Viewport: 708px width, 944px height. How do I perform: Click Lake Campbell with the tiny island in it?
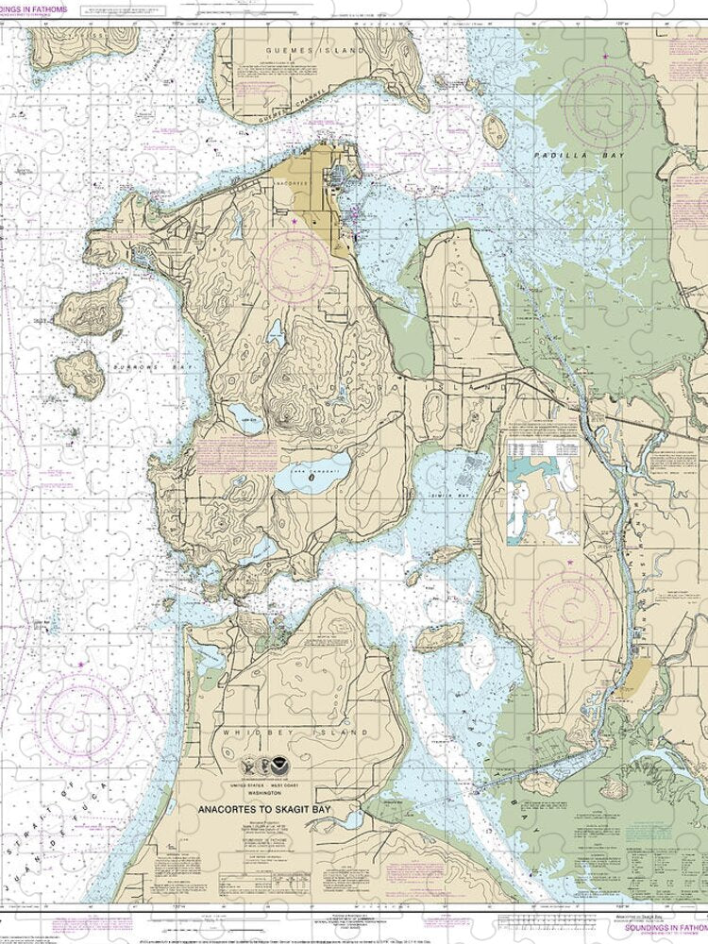click(x=312, y=475)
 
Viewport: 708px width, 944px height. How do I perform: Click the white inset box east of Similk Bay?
click(x=542, y=491)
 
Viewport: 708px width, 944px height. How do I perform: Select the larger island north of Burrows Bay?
click(x=91, y=305)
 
